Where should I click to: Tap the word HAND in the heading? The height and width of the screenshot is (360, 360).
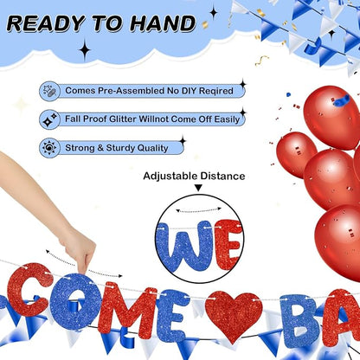coord(163,23)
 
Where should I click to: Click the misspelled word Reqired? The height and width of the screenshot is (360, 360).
coord(216,91)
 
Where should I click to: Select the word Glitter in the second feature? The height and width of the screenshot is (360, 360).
coord(123,119)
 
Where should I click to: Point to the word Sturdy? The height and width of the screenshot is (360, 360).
coord(120,148)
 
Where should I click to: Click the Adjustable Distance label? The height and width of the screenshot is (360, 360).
coord(194,176)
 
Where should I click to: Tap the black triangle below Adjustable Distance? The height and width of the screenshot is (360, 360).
coord(198,188)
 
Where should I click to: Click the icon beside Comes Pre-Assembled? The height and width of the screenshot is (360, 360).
coord(49,91)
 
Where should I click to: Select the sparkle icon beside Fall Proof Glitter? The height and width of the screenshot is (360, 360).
coord(49,119)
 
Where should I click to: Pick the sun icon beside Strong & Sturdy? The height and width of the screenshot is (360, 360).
coord(49,148)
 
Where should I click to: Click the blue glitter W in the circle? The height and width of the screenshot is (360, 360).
coord(184,246)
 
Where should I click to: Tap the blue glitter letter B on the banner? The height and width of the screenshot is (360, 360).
coord(300,321)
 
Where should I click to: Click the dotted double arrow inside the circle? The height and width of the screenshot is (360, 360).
coord(199,210)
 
